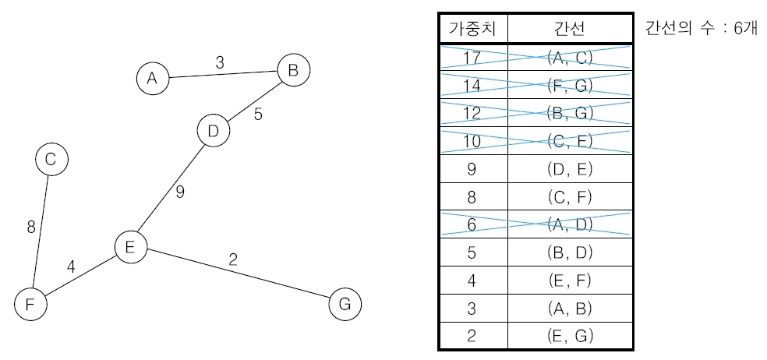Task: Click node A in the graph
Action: [x=152, y=78]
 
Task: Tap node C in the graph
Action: [x=51, y=160]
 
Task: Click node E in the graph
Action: [x=130, y=248]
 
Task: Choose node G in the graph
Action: [x=345, y=304]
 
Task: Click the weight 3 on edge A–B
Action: [x=220, y=63]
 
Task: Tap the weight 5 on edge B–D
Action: [x=258, y=115]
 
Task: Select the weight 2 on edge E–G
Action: [x=233, y=259]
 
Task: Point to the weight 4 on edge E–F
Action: [x=71, y=266]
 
